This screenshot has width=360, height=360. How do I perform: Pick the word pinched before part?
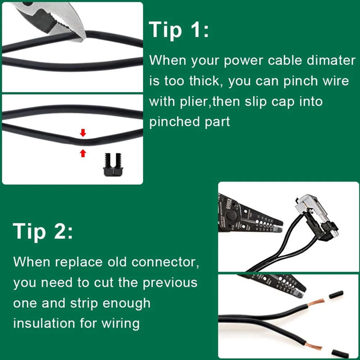[x=170, y=122]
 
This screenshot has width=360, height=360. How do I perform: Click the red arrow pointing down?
[x=83, y=133]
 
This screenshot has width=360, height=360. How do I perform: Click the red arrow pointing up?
[x=83, y=153]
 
